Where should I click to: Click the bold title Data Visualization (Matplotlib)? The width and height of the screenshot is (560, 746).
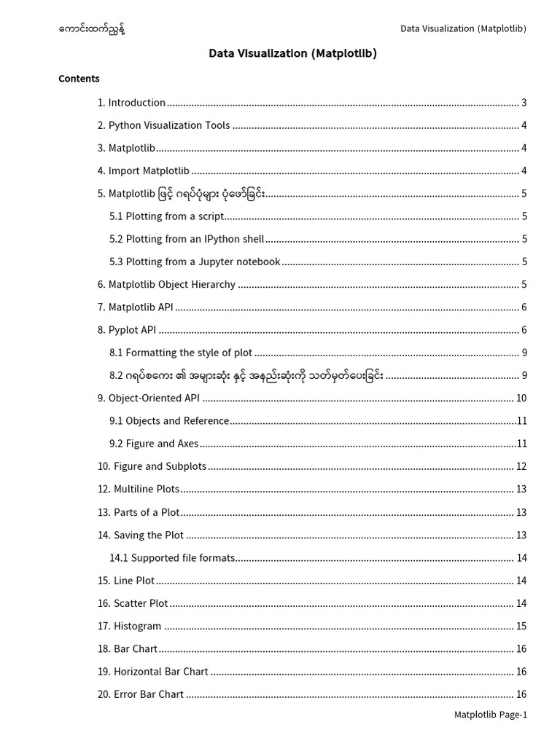tap(292, 53)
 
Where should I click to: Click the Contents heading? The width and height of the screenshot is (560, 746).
tap(79, 79)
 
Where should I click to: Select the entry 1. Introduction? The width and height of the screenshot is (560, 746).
tap(131, 103)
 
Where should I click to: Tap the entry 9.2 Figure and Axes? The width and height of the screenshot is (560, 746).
tap(154, 444)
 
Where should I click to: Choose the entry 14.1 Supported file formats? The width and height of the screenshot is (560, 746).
tap(172, 558)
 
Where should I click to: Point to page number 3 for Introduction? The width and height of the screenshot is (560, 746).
tap(524, 103)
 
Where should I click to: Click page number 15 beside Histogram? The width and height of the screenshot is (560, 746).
tap(521, 626)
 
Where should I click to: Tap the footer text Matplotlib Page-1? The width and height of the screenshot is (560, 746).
tap(491, 715)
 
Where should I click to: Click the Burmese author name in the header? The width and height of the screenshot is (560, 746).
tap(96, 29)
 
